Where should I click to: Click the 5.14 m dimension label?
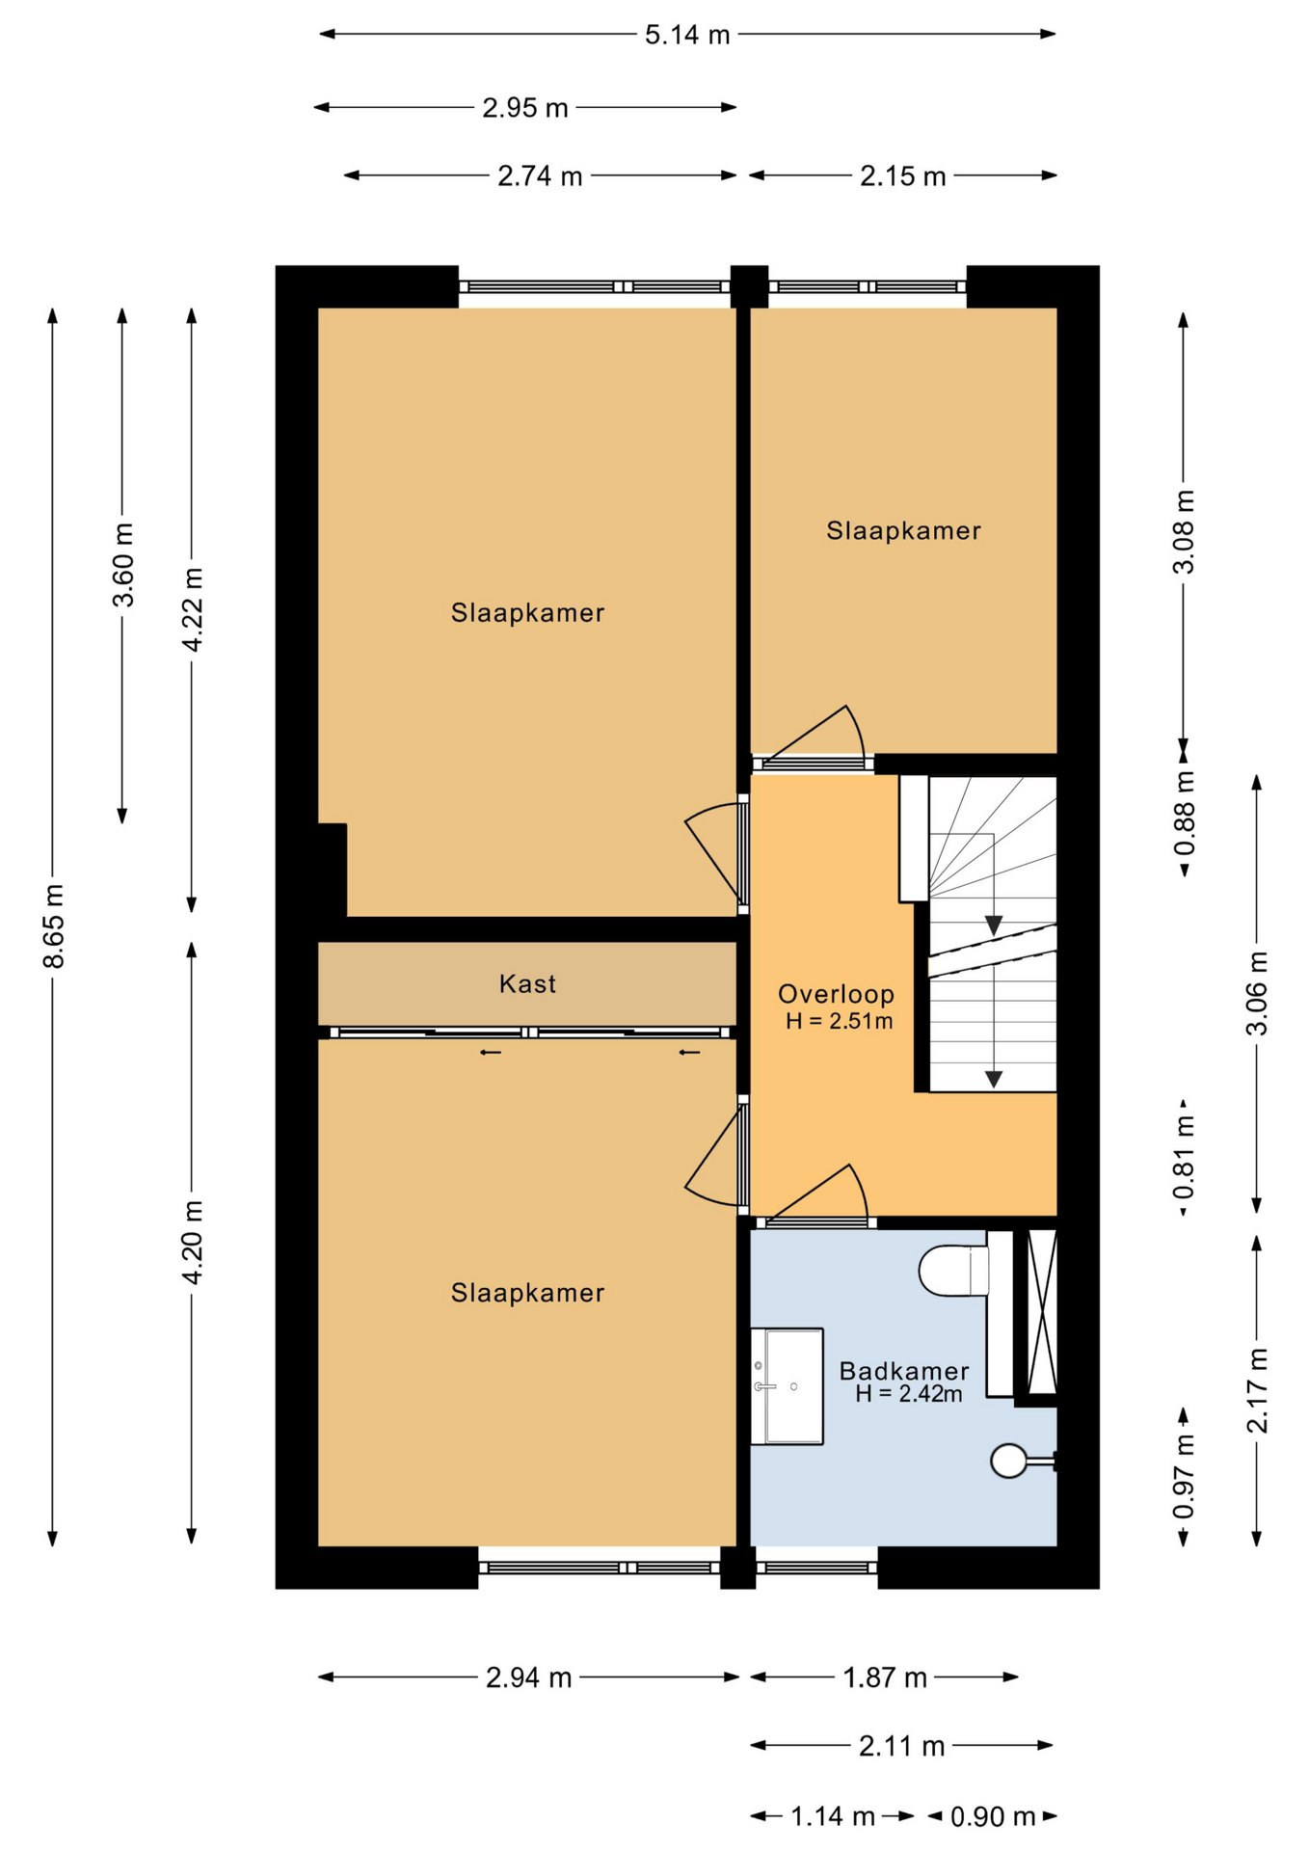tap(687, 36)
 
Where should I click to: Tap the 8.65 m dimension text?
tap(54, 925)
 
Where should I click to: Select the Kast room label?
tap(527, 984)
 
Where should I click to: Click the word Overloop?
tap(836, 994)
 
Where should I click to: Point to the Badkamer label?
tap(903, 1371)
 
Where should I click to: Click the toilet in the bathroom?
tap(954, 1271)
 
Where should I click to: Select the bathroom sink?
tap(787, 1386)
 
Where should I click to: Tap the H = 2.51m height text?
tap(839, 1021)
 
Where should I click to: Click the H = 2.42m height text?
tap(908, 1394)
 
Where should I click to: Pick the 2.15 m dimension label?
tap(903, 176)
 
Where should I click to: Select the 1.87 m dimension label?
tap(885, 1678)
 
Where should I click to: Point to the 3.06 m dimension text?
tap(1258, 993)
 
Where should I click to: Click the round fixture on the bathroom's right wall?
tap(1009, 1461)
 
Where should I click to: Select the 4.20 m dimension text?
tap(193, 1243)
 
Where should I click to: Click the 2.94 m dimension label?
tap(529, 1678)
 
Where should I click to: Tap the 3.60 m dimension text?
tap(123, 566)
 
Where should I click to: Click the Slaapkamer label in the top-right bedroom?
tap(903, 530)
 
